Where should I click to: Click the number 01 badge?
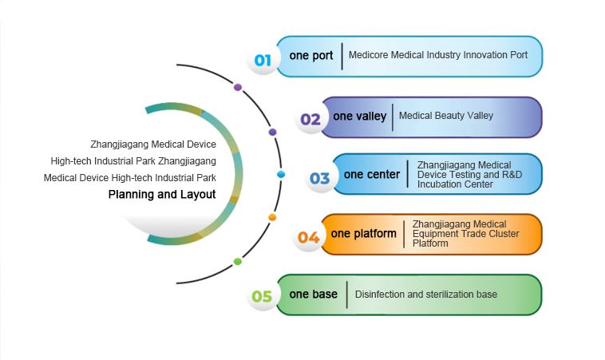pyautogui.click(x=263, y=60)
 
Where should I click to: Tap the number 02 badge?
pyautogui.click(x=310, y=120)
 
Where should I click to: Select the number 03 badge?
pyautogui.click(x=320, y=178)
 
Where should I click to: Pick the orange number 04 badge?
pyautogui.click(x=309, y=237)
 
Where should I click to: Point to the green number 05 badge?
pyautogui.click(x=263, y=297)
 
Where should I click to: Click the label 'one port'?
pyautogui.click(x=311, y=57)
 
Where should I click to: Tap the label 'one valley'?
pyautogui.click(x=360, y=117)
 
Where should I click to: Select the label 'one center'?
pyautogui.click(x=372, y=175)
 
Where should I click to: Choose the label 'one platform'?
pyautogui.click(x=363, y=234)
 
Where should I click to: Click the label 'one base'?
pyautogui.click(x=314, y=295)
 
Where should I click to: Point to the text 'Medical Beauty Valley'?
pyautogui.click(x=446, y=116)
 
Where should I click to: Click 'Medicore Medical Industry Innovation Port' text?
pyautogui.click(x=438, y=57)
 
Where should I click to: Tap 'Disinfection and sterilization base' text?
pyautogui.click(x=426, y=295)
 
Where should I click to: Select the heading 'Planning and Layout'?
pyautogui.click(x=162, y=195)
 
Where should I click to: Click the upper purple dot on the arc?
pyautogui.click(x=238, y=87)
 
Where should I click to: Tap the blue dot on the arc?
pyautogui.click(x=280, y=174)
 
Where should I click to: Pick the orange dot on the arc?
pyautogui.click(x=272, y=217)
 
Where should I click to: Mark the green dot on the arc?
pyautogui.click(x=238, y=261)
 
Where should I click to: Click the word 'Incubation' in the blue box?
pyautogui.click(x=441, y=184)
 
